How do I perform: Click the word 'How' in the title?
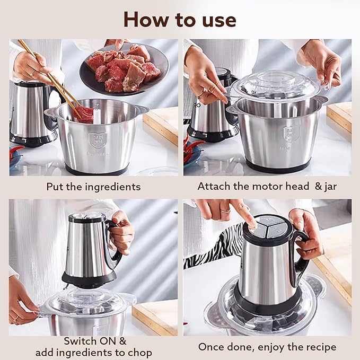pos(146,20)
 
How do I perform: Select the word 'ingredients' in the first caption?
pos(113,187)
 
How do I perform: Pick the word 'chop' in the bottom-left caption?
pos(140,353)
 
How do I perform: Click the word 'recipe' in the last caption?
pos(321,347)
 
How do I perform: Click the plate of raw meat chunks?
pos(125,69)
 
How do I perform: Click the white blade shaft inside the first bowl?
pos(97,114)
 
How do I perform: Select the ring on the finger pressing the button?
pos(225,210)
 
